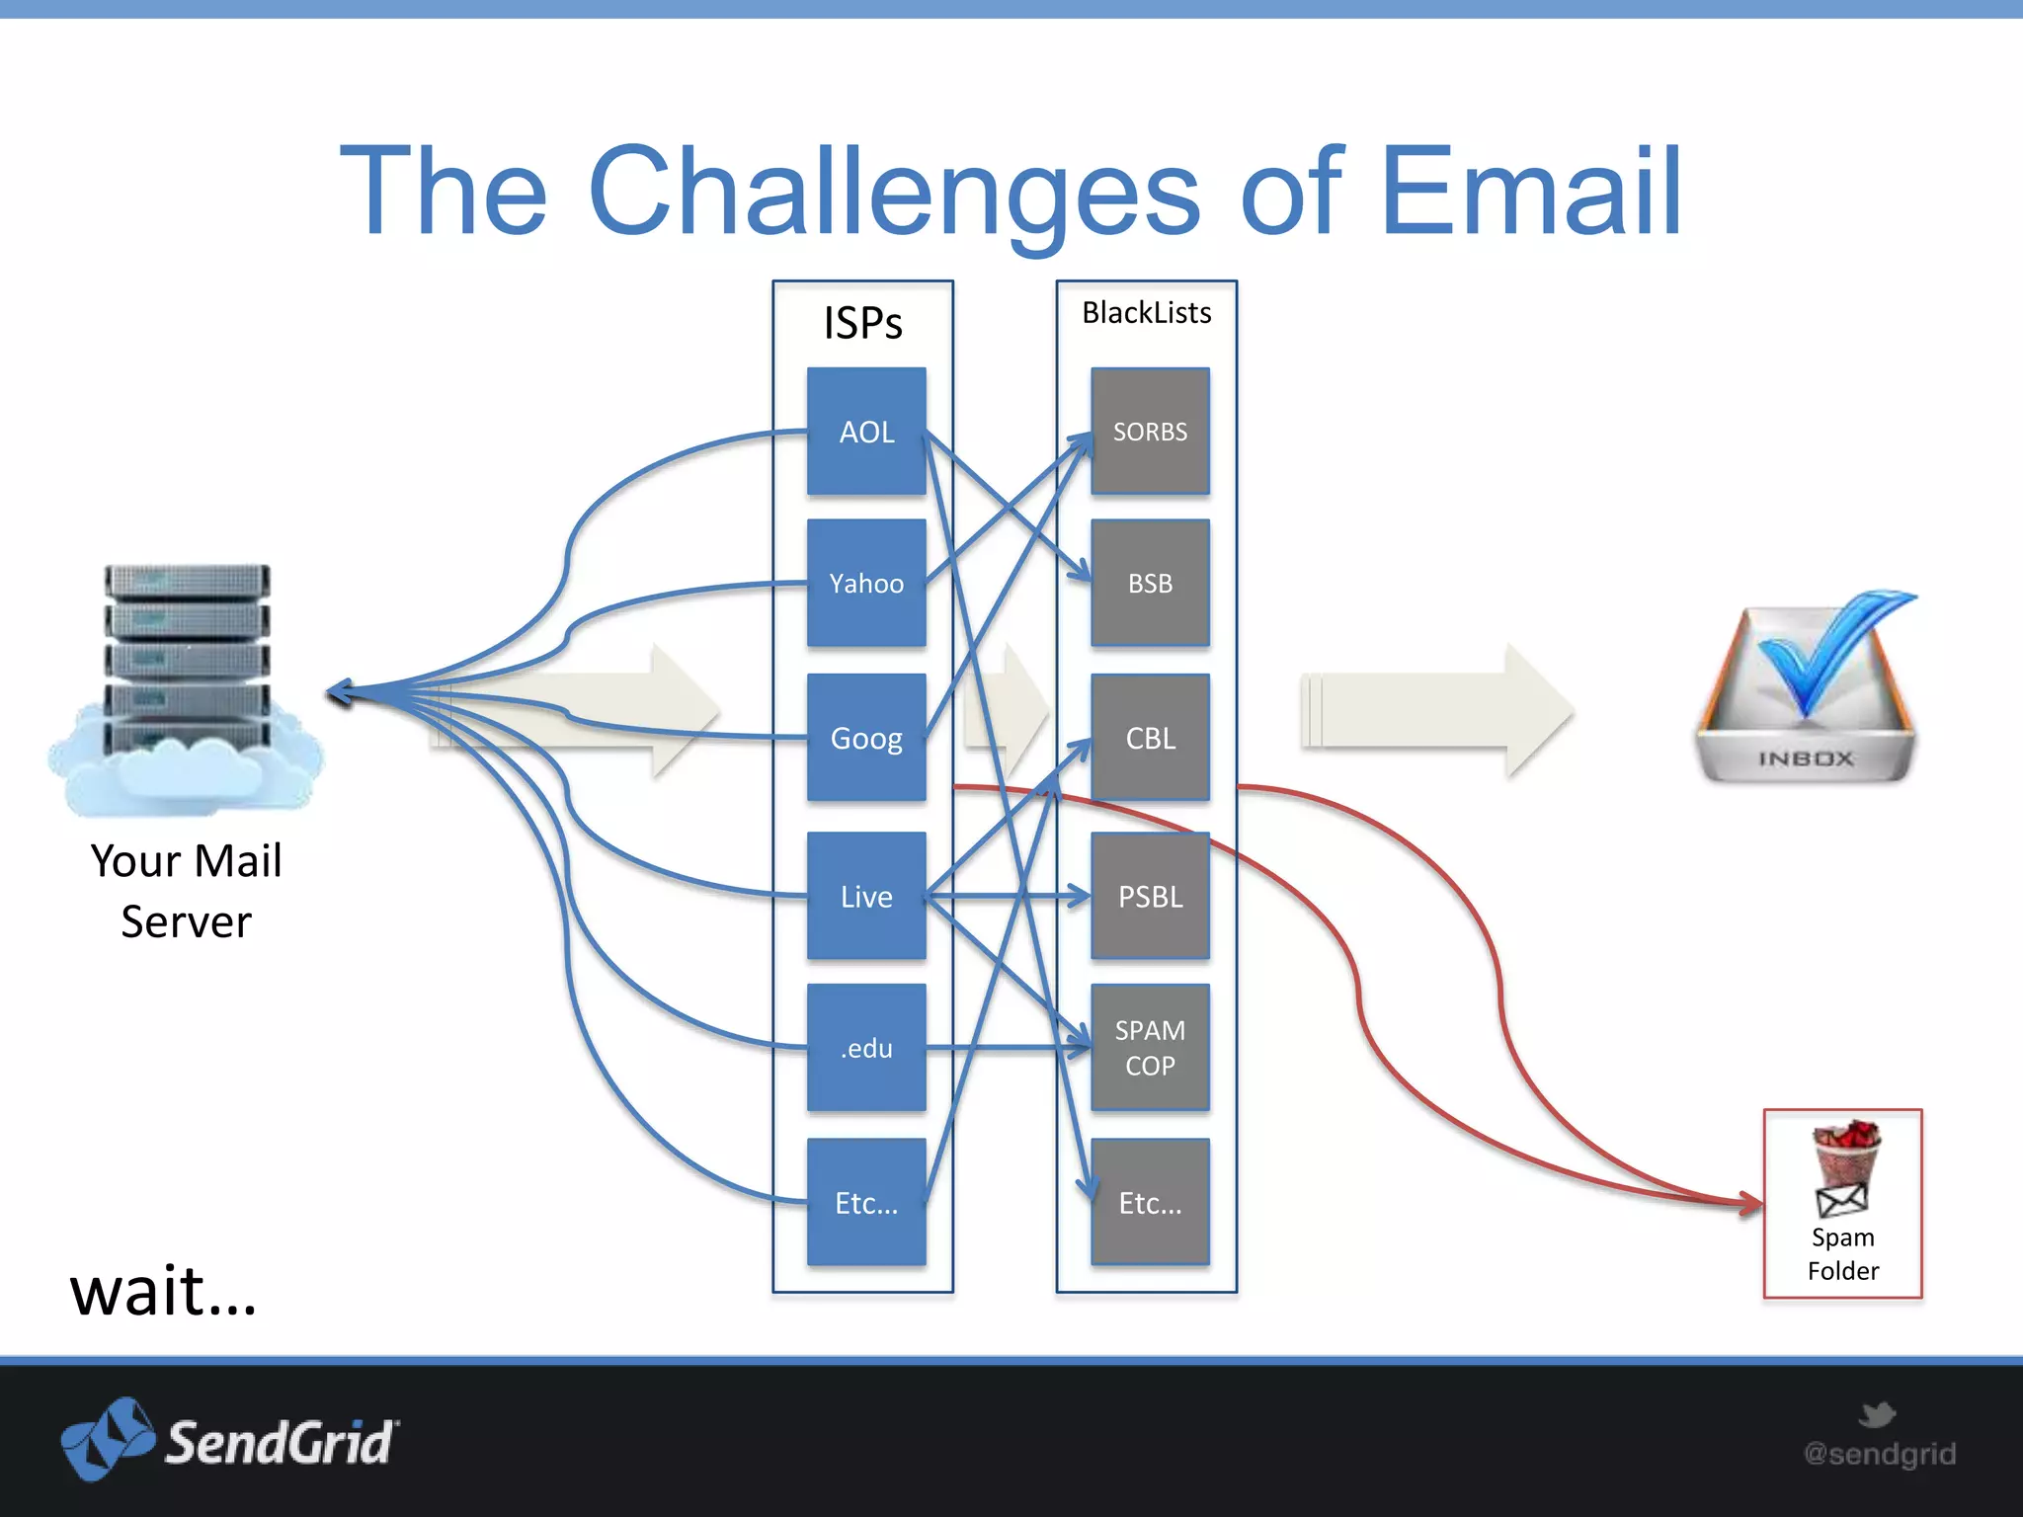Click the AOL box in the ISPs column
(866, 432)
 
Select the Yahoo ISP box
(866, 583)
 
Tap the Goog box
(866, 738)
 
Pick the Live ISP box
(866, 896)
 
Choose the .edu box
(866, 1048)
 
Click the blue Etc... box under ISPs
(866, 1202)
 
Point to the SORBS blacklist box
(1150, 432)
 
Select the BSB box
(1150, 583)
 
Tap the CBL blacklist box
(1150, 738)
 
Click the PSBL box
(1150, 896)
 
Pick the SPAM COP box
(1150, 1048)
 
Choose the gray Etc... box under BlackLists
(1150, 1202)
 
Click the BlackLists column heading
(1146, 313)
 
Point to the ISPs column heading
(862, 323)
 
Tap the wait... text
(163, 1291)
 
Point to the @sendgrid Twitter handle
(1879, 1453)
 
